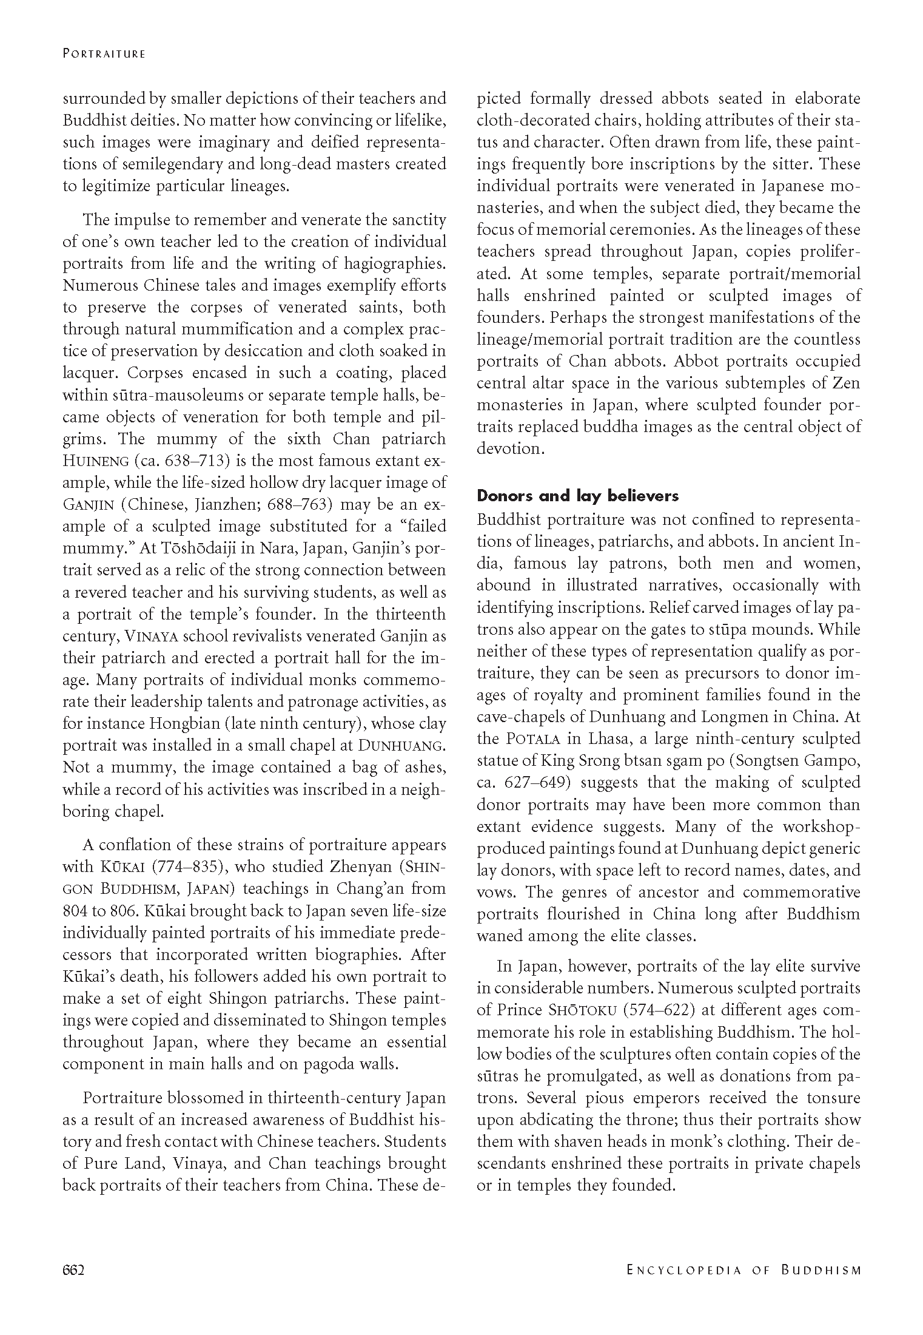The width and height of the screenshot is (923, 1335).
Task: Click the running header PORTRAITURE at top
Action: tap(104, 54)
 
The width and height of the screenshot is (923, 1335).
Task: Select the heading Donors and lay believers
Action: tap(577, 496)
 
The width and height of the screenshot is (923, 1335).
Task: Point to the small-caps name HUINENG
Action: tap(97, 461)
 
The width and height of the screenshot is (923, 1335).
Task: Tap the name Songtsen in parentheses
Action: tap(768, 761)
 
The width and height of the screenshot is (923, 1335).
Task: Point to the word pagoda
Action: tap(327, 1064)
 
